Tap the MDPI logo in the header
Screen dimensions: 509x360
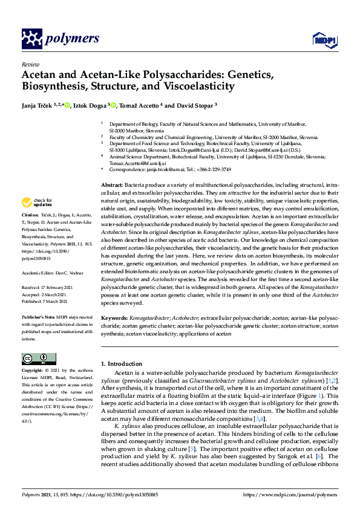coord(322,40)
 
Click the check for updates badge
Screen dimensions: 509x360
coord(36,202)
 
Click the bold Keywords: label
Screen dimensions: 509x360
coord(114,317)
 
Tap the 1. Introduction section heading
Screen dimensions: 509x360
coord(125,364)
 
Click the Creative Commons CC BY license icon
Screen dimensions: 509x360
coord(38,358)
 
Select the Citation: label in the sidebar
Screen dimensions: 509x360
coord(30,215)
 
